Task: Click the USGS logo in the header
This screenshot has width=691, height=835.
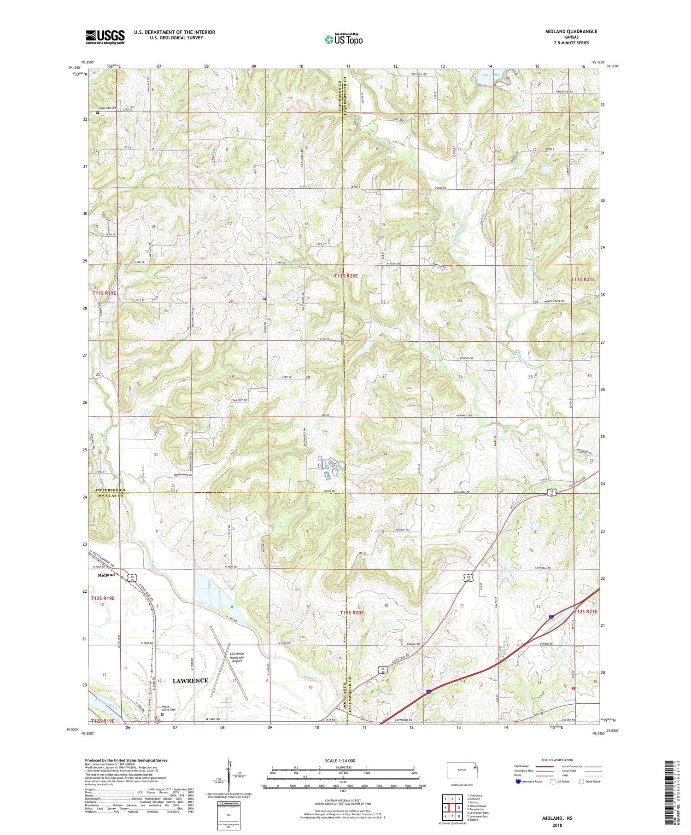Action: (105, 37)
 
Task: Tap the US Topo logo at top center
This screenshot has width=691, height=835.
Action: (343, 40)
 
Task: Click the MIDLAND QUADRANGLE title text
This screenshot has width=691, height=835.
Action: (571, 31)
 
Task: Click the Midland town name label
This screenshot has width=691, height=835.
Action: (106, 575)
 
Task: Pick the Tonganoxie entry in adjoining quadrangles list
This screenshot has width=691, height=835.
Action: (478, 809)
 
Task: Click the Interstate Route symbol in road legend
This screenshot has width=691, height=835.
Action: (518, 782)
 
